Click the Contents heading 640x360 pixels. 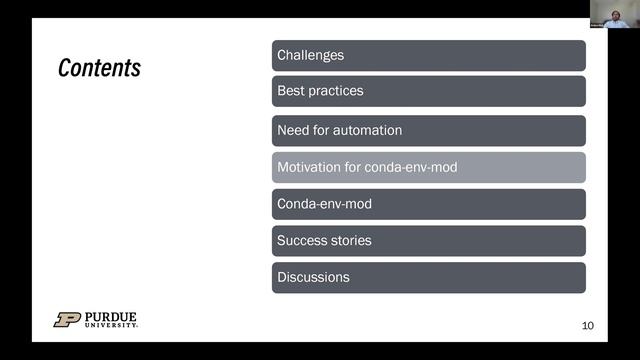[x=99, y=68]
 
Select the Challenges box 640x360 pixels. [x=428, y=55]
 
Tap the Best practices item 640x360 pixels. [x=428, y=91]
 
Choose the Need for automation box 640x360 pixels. [x=428, y=130]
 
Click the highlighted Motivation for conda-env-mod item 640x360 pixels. [x=428, y=167]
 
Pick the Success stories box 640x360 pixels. [x=428, y=240]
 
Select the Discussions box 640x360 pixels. [x=428, y=277]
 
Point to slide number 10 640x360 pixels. [x=587, y=326]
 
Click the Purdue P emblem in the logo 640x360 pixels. [x=67, y=320]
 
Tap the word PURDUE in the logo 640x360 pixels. [x=110, y=316]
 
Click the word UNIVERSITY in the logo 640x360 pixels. [x=110, y=325]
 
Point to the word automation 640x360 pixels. [x=368, y=130]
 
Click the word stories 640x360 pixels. [x=350, y=240]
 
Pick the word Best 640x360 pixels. [x=290, y=91]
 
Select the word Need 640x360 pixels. [x=292, y=130]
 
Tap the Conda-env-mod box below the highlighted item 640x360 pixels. [x=428, y=204]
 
